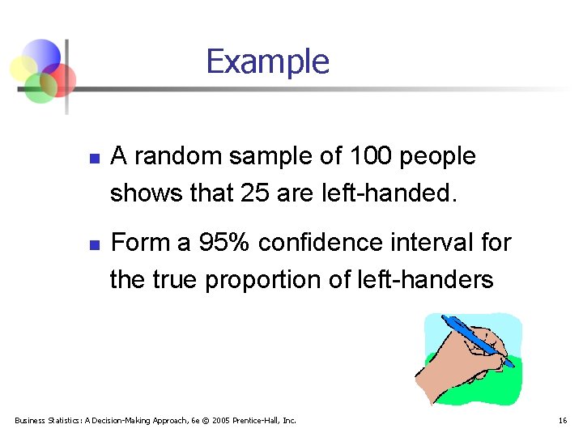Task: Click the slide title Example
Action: [267, 62]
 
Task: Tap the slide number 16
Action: [562, 420]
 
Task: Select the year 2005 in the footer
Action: [222, 420]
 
